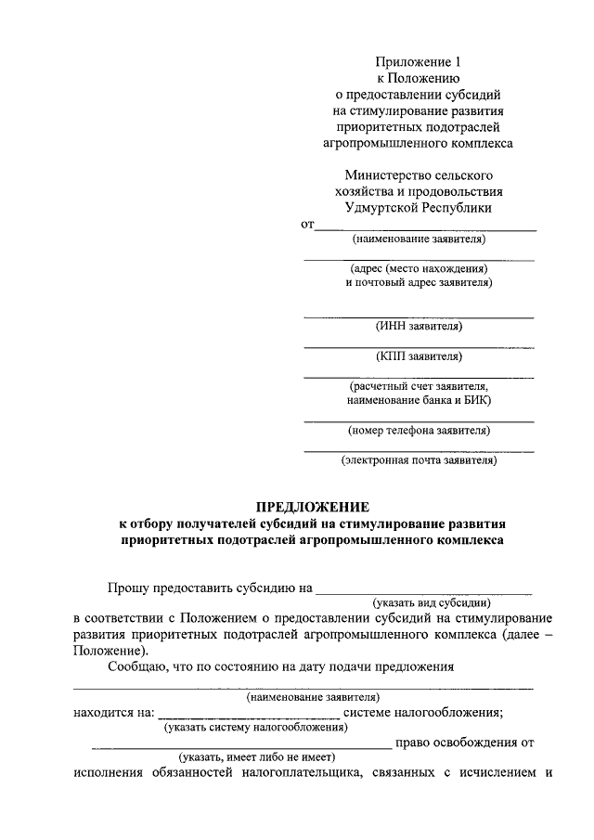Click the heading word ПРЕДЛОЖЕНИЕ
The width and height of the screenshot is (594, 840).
point(313,507)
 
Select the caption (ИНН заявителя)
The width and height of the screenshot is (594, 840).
point(419,326)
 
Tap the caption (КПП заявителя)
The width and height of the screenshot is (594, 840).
point(419,355)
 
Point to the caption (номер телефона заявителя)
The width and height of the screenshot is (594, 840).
point(419,430)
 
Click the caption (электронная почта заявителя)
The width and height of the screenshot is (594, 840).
point(419,459)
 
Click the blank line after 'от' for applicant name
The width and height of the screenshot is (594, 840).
point(427,227)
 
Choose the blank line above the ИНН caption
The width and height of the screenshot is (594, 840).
point(419,317)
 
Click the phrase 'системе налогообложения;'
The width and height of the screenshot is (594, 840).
point(423,713)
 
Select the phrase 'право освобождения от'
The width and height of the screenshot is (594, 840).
point(464,743)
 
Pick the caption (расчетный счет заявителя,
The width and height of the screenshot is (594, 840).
point(419,385)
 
